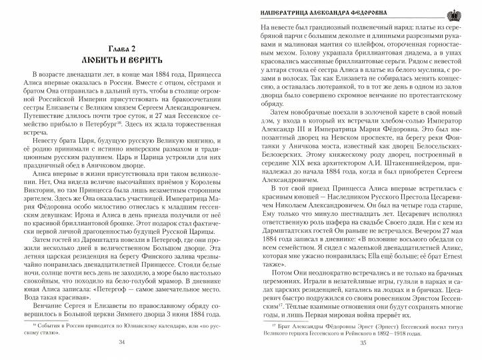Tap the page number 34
121,341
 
